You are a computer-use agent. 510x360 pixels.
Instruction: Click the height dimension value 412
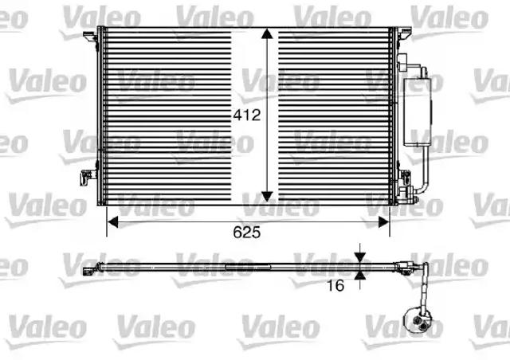(x=247, y=115)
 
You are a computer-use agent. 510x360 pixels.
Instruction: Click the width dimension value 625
(x=247, y=232)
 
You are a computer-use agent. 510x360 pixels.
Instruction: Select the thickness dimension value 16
(x=335, y=285)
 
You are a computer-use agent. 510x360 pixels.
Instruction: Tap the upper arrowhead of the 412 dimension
(x=267, y=33)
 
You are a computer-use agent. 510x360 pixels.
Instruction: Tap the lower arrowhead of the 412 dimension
(x=267, y=197)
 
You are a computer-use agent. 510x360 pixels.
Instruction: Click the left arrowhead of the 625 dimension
(x=112, y=222)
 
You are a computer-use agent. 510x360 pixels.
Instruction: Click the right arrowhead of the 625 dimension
(x=384, y=222)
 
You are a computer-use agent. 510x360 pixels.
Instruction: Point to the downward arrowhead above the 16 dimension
(x=360, y=257)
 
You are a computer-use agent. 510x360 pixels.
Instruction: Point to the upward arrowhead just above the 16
(x=360, y=276)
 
